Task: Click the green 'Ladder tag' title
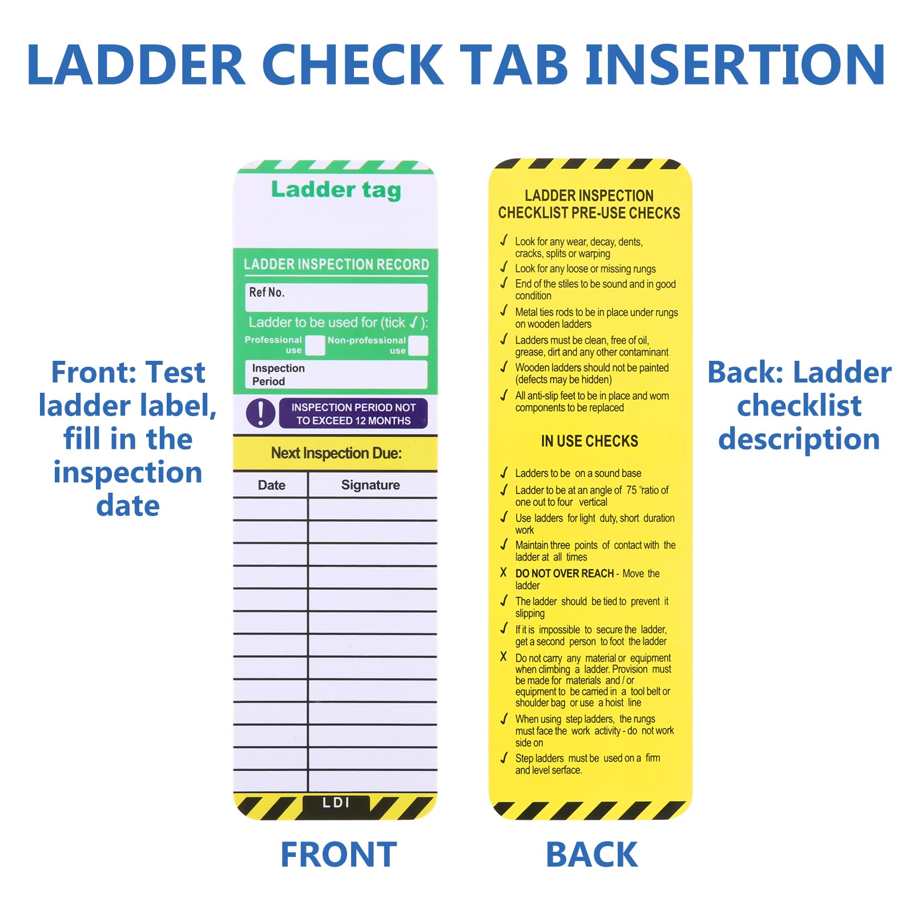(x=336, y=190)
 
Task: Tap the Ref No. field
(x=336, y=297)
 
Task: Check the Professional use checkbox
(x=315, y=345)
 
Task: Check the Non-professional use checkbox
(x=418, y=345)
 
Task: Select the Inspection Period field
(x=336, y=375)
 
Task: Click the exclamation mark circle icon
(x=260, y=413)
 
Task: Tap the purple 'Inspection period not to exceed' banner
(x=353, y=413)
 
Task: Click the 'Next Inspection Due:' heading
(x=336, y=453)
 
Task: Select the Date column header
(x=271, y=485)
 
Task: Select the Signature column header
(x=371, y=485)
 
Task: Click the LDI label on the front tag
(x=336, y=803)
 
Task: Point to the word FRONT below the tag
(x=339, y=855)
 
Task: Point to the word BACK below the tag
(x=591, y=855)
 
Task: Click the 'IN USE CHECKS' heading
(x=589, y=441)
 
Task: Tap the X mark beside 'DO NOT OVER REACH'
(x=503, y=572)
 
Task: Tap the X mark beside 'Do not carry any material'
(x=503, y=657)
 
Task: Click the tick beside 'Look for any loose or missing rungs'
(x=504, y=267)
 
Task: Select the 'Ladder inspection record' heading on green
(x=336, y=264)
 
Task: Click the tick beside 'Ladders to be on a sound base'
(x=504, y=473)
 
